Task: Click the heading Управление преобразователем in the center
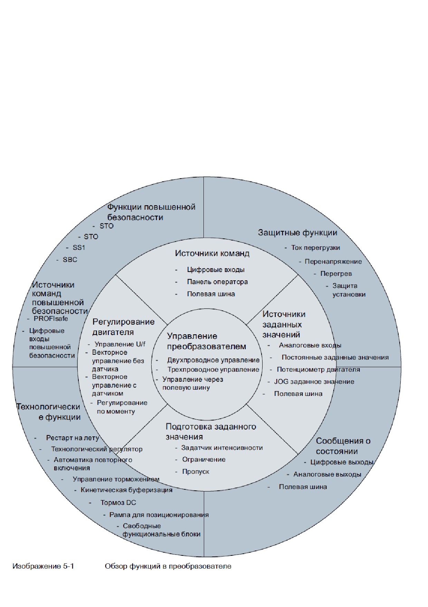pos(207,341)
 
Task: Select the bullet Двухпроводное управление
pos(213,360)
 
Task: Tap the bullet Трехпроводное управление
pos(213,370)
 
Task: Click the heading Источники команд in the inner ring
pos(212,253)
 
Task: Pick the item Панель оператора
pos(217,282)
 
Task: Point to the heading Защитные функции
pos(297,233)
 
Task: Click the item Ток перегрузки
pos(315,248)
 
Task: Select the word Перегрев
pos(336,274)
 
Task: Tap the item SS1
pos(79,248)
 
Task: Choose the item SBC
pos(70,260)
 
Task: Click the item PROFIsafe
pos(51,318)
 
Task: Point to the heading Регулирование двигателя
pos(123,327)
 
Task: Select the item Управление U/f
pos(120,344)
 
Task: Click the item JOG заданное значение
pos(314,382)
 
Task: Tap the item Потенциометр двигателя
pos(318,370)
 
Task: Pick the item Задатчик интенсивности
pos(222,448)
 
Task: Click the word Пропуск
pos(196,472)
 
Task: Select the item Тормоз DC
pos(118,503)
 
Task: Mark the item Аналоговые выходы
pos(327,474)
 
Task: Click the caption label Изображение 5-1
pos(43,566)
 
